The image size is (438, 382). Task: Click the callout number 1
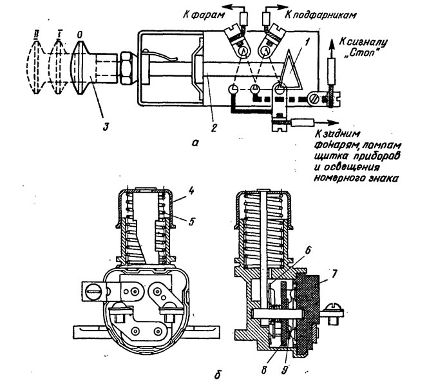click(307, 43)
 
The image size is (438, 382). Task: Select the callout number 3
click(105, 126)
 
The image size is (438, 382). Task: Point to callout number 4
click(191, 191)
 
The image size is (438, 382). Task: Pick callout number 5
click(191, 222)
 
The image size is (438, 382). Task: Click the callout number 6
click(307, 250)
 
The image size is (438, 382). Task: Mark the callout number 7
click(333, 274)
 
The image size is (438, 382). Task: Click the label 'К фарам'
click(204, 15)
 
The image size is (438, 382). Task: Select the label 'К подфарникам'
click(320, 15)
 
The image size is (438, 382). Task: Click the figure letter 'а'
click(195, 143)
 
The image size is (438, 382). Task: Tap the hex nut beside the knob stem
click(126, 68)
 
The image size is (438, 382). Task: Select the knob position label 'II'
click(35, 35)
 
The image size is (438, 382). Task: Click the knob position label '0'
click(79, 35)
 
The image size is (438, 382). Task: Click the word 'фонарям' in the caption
click(336, 146)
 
